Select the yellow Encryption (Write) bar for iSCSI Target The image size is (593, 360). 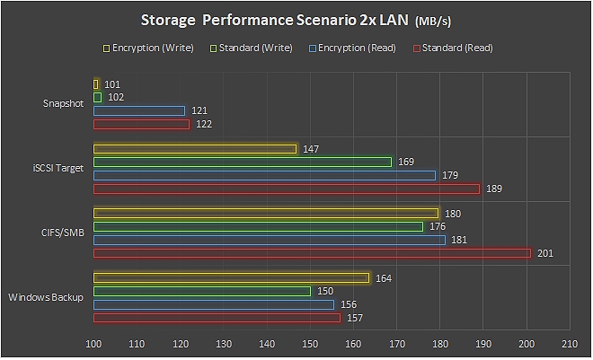click(x=195, y=149)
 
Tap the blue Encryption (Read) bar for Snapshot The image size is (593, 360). click(x=139, y=110)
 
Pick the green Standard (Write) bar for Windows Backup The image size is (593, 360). click(x=202, y=291)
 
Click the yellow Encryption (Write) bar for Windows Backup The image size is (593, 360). click(x=232, y=278)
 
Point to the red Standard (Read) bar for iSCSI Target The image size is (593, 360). click(x=287, y=189)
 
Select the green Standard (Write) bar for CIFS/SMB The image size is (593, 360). click(x=258, y=226)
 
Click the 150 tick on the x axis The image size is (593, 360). click(x=310, y=344)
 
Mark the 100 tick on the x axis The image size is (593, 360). click(x=93, y=344)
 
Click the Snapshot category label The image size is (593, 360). click(x=63, y=104)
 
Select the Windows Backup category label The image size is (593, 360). click(x=46, y=297)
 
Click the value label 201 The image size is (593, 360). click(x=544, y=254)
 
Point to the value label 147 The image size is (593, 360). click(x=311, y=149)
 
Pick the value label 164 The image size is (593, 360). click(x=384, y=278)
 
